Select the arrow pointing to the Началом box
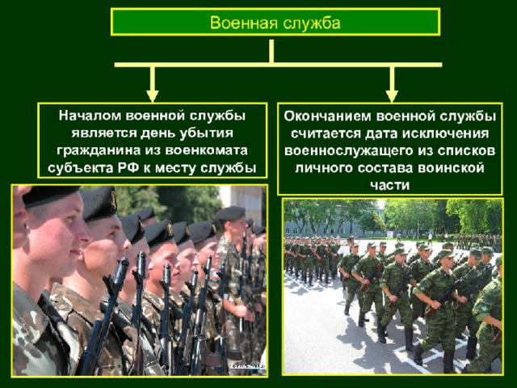[152, 84]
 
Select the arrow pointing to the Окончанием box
[392, 84]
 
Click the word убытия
[206, 133]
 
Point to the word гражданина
[99, 151]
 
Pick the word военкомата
[206, 151]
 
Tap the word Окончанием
[328, 116]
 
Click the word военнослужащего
[344, 151]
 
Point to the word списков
[467, 151]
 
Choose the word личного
[325, 168]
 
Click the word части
[389, 185]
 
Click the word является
[104, 133]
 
